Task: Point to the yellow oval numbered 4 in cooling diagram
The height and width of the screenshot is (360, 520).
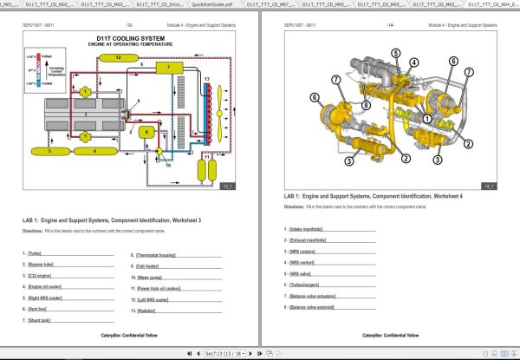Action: point(95,151)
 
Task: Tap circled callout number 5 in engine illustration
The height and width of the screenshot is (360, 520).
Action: point(395,53)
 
